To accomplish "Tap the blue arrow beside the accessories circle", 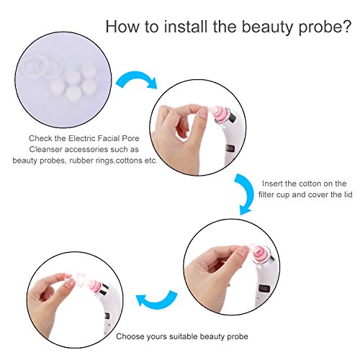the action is (137, 78).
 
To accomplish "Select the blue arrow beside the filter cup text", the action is (246, 194).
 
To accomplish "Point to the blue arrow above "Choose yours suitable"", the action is (156, 301).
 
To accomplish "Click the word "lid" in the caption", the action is (348, 194).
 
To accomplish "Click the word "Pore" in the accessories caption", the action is (131, 138).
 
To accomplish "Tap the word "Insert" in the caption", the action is (271, 184).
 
